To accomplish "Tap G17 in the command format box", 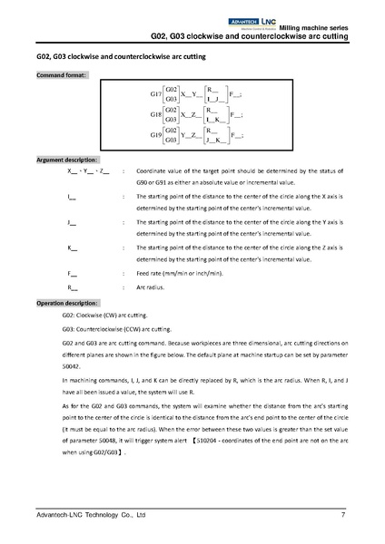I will [154, 93].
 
